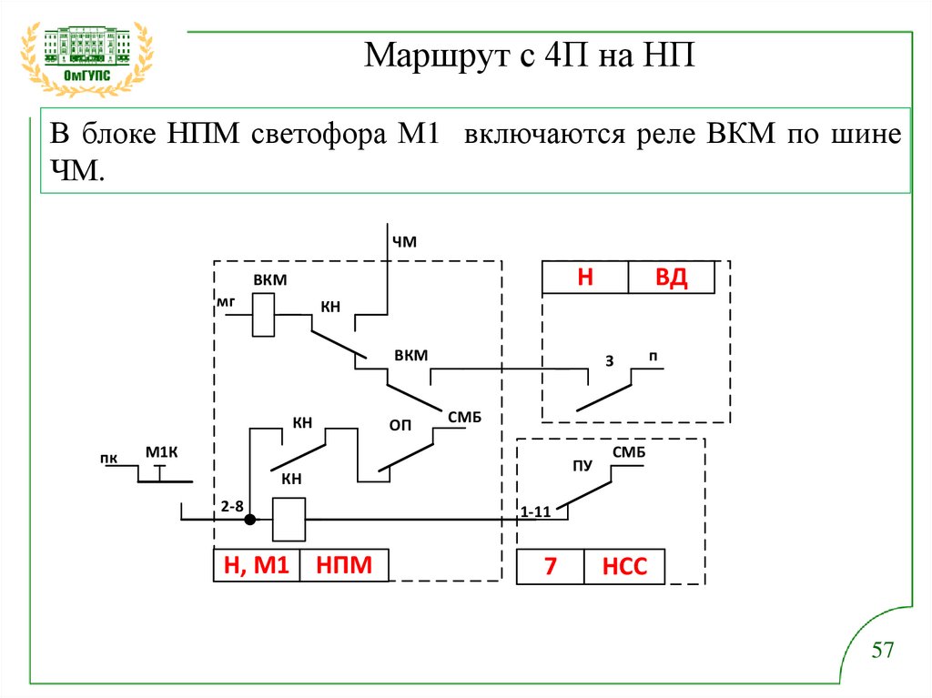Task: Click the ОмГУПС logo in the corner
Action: [87, 56]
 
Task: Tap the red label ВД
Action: [671, 278]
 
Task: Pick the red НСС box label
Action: [623, 568]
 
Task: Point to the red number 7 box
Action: [550, 568]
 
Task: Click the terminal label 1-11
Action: [536, 511]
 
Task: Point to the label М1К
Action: [160, 452]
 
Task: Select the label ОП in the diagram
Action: [400, 425]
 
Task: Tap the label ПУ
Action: [582, 466]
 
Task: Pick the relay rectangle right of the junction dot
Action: [289, 520]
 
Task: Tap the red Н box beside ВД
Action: [584, 278]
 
